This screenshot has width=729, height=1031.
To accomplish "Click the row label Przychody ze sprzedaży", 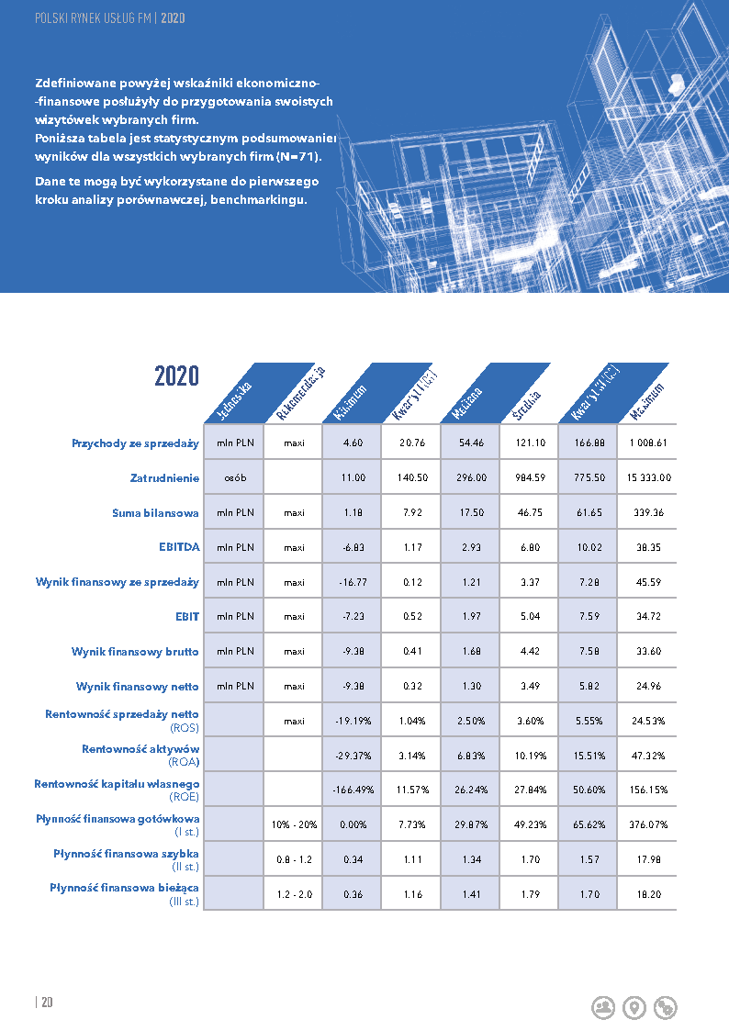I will pos(136,443).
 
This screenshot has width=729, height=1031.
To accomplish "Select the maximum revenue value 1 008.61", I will pos(648,443).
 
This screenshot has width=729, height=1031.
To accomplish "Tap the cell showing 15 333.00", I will pos(648,477).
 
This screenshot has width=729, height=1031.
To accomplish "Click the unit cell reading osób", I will pos(235,477).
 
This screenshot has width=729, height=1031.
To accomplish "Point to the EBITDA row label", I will pos(179,547).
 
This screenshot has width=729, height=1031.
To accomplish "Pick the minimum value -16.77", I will pos(353,582).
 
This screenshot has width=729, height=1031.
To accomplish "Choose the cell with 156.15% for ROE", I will pos(648,790).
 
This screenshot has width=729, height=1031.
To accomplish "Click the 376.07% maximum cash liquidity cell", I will pos(648,824).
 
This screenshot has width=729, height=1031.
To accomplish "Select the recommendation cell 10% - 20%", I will pos(295,824).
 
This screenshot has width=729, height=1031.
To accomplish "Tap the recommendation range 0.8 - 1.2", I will pos(295,859).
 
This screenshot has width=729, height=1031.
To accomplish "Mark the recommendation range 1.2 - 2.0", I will pos(295,893).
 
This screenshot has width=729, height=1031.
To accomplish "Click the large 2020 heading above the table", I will pos(176,375).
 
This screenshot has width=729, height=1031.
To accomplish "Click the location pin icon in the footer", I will pos(634,1007).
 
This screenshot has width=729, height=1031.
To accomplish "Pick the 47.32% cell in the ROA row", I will pos(648,756).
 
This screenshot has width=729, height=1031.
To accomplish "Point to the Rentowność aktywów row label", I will pos(140,749).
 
